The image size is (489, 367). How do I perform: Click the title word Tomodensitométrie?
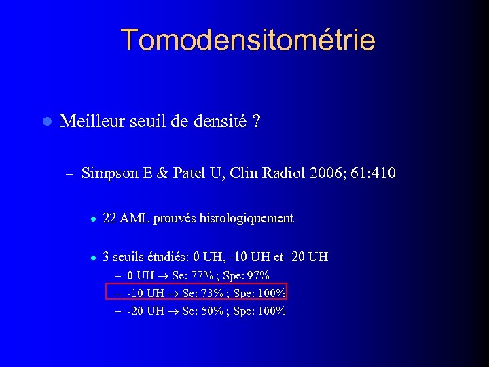coord(248,40)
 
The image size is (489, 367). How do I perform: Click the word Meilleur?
coord(88,122)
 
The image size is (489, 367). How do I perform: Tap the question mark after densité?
coord(257,122)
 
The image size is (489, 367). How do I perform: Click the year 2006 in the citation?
coord(323,173)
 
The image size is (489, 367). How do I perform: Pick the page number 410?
coord(382,173)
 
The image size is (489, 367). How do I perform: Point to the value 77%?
coord(203,275)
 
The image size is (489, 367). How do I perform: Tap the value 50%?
coord(209,311)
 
